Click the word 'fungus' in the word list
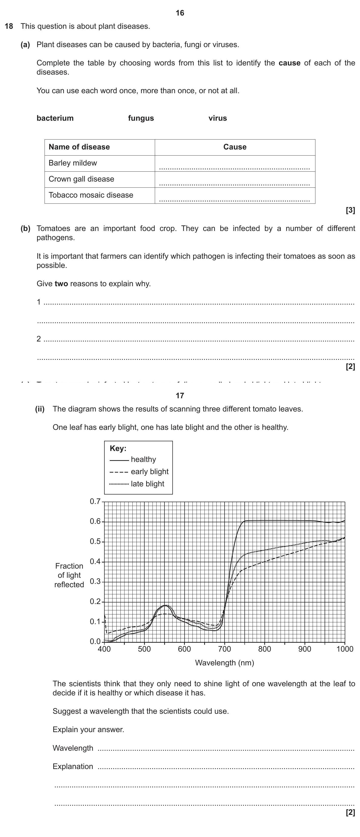tap(141, 118)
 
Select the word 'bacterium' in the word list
tap(55, 118)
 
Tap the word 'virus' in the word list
tap(217, 118)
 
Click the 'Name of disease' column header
tap(79, 147)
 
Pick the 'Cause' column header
tap(234, 147)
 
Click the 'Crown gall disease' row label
tap(81, 179)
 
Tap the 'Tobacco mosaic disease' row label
tap(91, 195)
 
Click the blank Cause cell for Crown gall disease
tap(234, 179)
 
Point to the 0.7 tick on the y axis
tap(95, 501)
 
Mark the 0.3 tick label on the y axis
tap(95, 582)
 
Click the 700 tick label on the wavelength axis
tap(225, 649)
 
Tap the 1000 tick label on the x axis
tap(344, 649)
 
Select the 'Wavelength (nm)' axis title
tap(225, 663)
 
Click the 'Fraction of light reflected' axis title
tap(69, 575)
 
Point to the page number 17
tap(180, 395)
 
